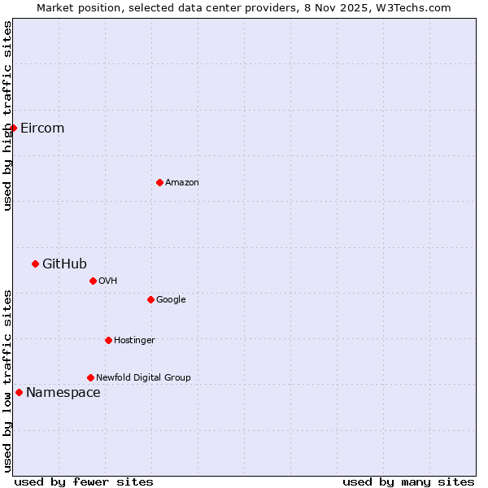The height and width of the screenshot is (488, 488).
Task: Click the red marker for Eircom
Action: pyautogui.click(x=13, y=128)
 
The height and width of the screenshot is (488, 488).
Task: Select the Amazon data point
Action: pyautogui.click(x=159, y=182)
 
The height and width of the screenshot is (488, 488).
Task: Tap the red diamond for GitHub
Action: pyautogui.click(x=35, y=264)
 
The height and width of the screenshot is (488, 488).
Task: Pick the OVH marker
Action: pyautogui.click(x=93, y=281)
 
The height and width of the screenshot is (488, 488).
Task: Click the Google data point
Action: pyautogui.click(x=150, y=299)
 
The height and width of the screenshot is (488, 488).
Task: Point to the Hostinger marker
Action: pyautogui.click(x=108, y=340)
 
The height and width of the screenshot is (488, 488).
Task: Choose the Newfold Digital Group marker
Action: pyautogui.click(x=90, y=377)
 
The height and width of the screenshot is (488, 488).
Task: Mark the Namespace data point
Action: pyautogui.click(x=19, y=393)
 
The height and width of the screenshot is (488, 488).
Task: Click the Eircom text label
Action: pyautogui.click(x=42, y=129)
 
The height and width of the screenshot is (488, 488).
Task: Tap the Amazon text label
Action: pyautogui.click(x=182, y=183)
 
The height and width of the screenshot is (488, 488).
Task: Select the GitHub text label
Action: pyautogui.click(x=64, y=264)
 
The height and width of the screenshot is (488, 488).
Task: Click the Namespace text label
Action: pyautogui.click(x=63, y=393)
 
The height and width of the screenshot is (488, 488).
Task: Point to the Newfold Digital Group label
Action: pyautogui.click(x=143, y=377)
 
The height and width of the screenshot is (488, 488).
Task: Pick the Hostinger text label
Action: pyautogui.click(x=134, y=340)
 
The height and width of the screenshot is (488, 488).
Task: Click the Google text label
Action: pyautogui.click(x=171, y=300)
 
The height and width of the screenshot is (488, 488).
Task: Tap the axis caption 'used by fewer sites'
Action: pyautogui.click(x=84, y=481)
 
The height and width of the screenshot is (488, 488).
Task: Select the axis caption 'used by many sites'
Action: pyautogui.click(x=408, y=481)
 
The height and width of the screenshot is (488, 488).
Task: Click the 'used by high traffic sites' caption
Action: pyautogui.click(x=7, y=115)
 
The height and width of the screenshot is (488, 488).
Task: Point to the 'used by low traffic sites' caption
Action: pyautogui.click(x=7, y=380)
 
